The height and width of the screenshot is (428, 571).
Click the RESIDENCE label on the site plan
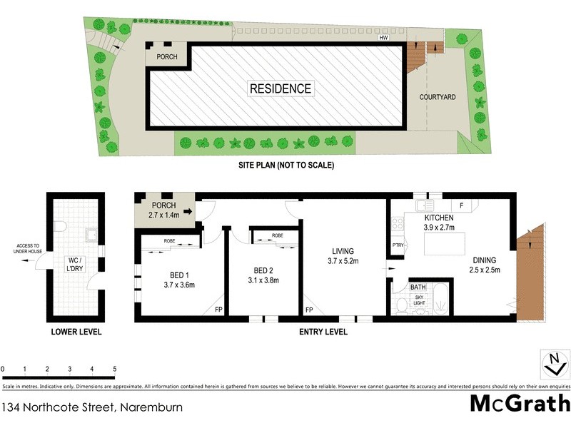coord(280,88)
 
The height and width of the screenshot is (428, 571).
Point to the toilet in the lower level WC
coord(60,228)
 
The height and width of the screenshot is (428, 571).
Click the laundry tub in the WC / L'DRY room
coord(91,233)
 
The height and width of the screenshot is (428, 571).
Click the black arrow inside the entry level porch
coord(188,211)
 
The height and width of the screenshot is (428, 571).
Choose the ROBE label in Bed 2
coord(277,235)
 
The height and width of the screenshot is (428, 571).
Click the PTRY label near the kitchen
coord(398,245)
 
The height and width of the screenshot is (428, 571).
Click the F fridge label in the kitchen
coord(462,205)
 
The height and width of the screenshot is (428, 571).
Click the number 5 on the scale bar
coord(115,369)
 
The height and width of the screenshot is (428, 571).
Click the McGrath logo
coord(519,403)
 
